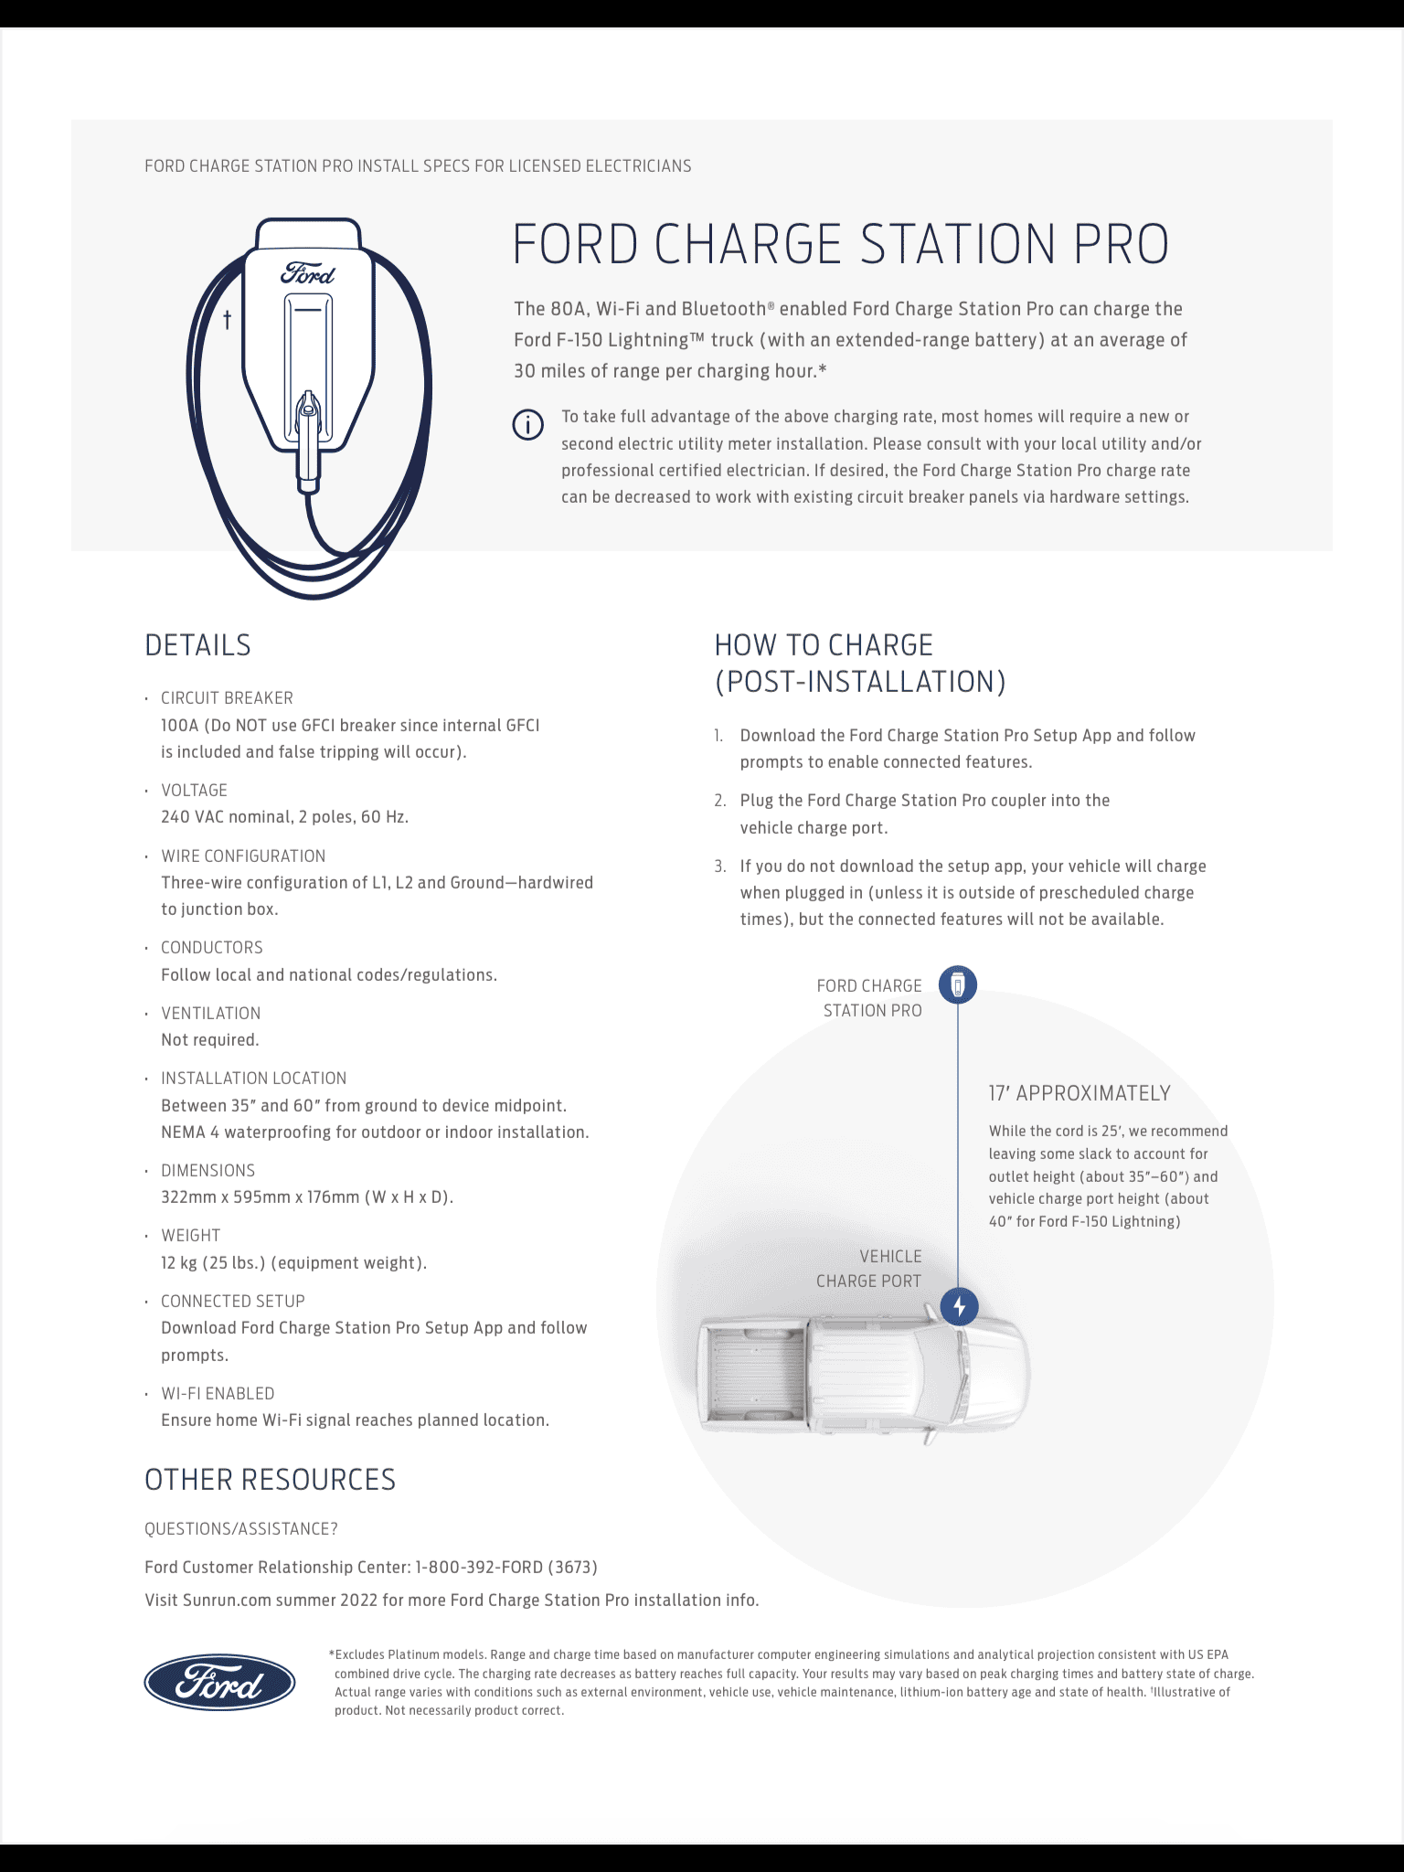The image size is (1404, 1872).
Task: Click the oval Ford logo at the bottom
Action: click(x=219, y=1682)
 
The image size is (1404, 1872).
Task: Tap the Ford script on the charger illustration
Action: click(x=308, y=273)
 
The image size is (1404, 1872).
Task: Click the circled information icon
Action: click(x=527, y=425)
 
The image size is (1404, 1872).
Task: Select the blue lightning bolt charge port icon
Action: click(x=959, y=1306)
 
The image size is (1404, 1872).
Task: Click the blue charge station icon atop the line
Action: click(x=958, y=984)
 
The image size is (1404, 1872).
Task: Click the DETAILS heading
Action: click(x=197, y=645)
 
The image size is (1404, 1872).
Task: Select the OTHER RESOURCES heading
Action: click(x=270, y=1480)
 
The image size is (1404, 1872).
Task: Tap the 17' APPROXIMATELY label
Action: click(x=1079, y=1093)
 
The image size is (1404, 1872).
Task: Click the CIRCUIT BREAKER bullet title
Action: click(x=227, y=698)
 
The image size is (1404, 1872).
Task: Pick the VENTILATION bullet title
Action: click(x=210, y=1013)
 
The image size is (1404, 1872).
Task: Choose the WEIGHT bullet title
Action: click(x=190, y=1236)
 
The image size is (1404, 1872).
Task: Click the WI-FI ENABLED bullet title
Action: click(x=218, y=1393)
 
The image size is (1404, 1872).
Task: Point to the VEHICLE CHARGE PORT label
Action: click(x=868, y=1269)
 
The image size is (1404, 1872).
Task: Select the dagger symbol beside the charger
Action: click(x=228, y=319)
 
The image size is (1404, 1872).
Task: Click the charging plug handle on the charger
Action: click(x=309, y=439)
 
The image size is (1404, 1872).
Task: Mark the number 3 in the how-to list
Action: click(x=719, y=866)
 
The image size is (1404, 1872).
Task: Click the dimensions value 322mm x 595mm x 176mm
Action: click(x=306, y=1197)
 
